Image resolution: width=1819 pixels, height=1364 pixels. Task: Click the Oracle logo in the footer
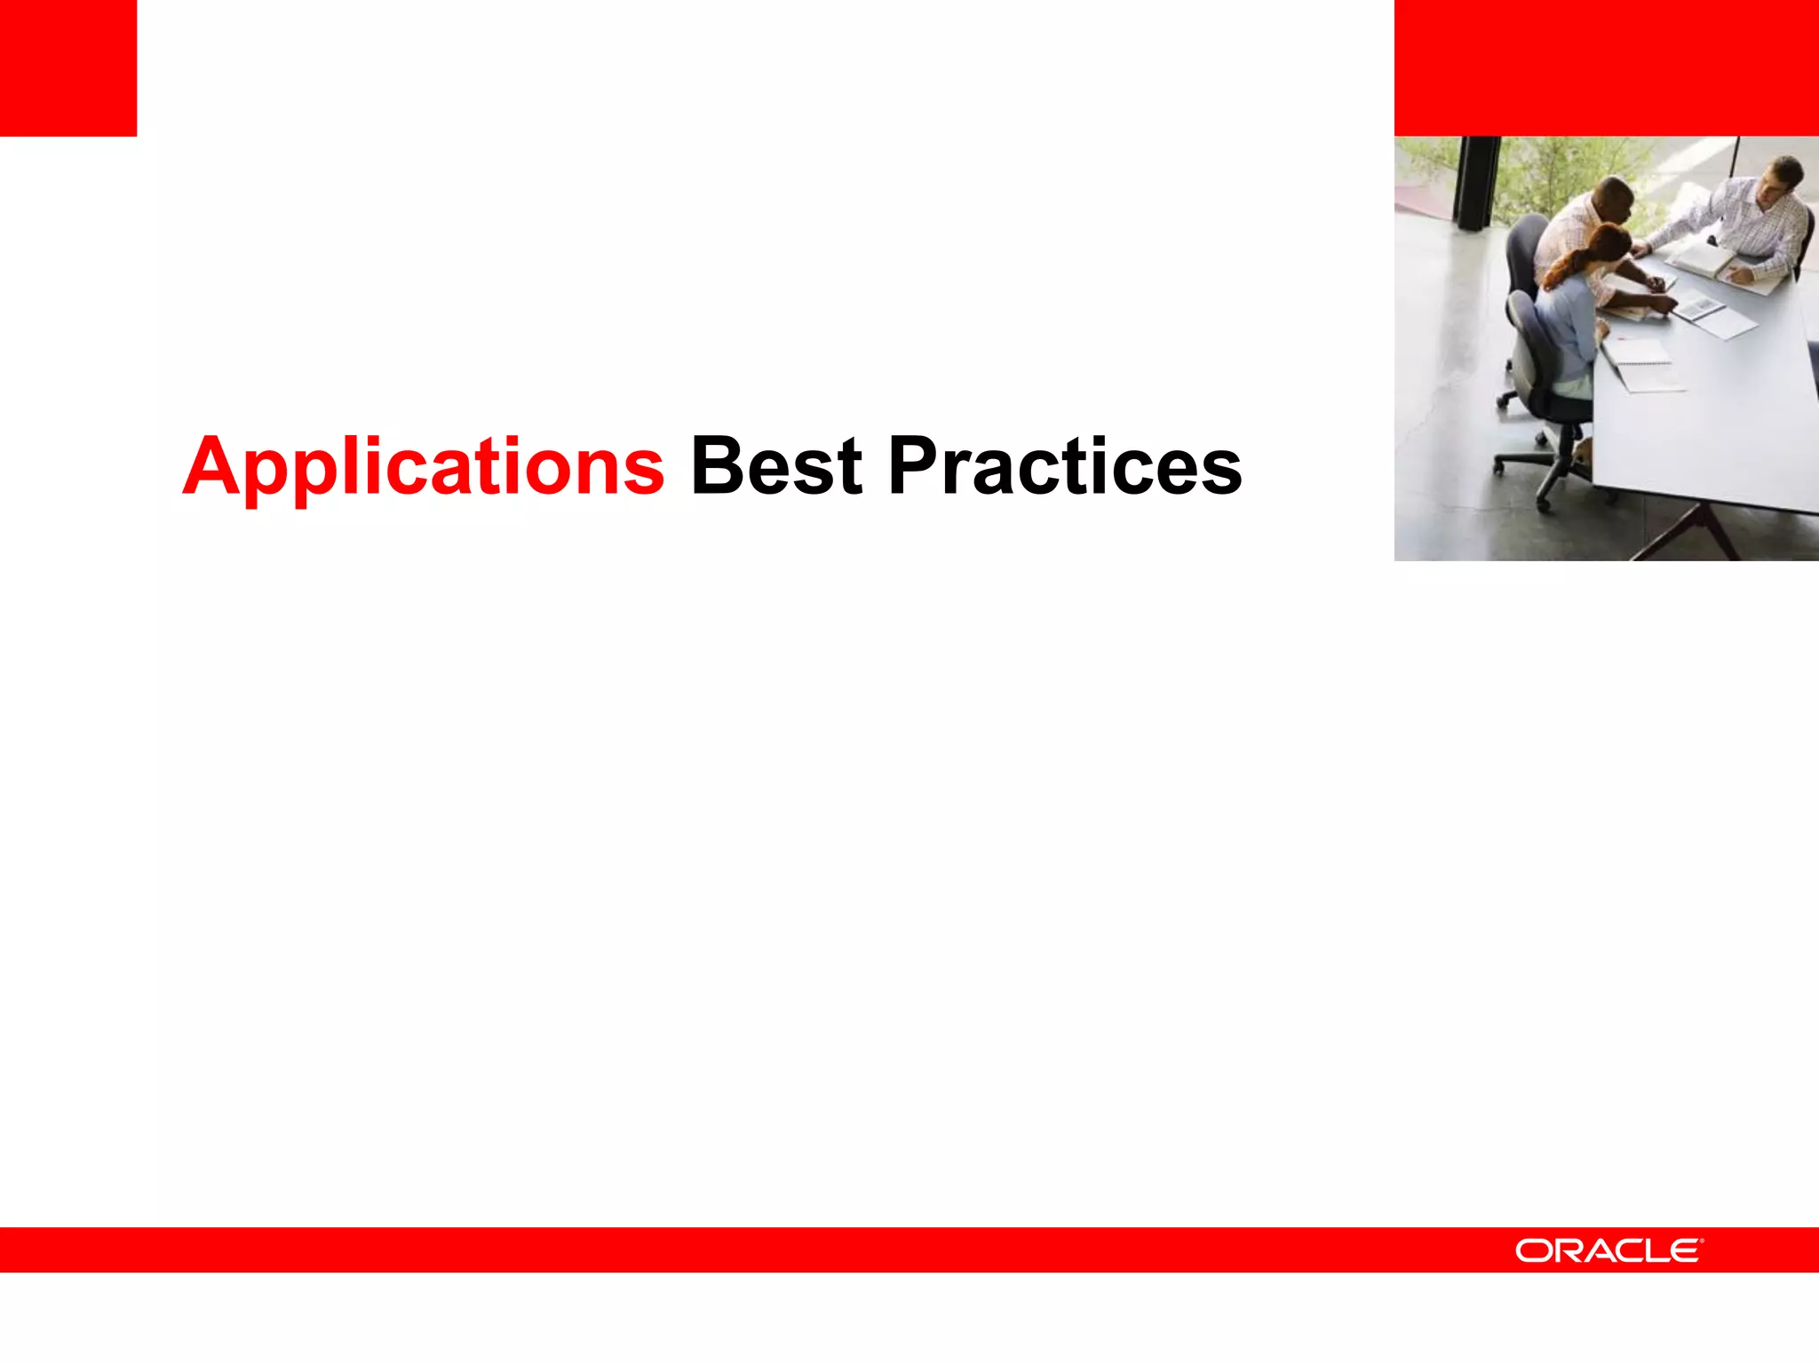point(1609,1250)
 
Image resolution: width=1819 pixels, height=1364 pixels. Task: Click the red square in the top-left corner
point(68,67)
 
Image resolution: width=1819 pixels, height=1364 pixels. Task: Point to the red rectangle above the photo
point(1606,67)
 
